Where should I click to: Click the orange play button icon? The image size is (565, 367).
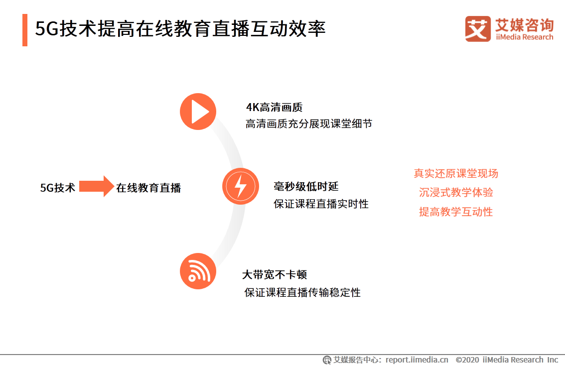[198, 112]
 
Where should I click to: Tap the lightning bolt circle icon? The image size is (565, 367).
[241, 186]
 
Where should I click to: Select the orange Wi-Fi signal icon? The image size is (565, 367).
[198, 271]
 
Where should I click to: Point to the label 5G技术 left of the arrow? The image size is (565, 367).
[58, 188]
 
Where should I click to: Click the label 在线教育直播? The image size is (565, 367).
[148, 188]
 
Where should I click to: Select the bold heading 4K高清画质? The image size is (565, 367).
[274, 107]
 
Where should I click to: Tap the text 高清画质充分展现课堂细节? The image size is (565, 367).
[308, 124]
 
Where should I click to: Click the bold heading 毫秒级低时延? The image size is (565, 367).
[306, 187]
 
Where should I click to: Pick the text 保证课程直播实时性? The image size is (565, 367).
[321, 204]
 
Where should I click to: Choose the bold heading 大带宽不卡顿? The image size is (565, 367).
[274, 275]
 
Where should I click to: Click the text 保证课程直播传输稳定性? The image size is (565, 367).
[302, 292]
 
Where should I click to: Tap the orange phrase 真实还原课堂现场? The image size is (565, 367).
[456, 173]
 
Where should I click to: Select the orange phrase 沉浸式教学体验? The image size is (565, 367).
[456, 193]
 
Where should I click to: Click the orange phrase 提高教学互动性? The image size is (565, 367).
[456, 212]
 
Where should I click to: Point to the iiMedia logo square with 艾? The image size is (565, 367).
[478, 29]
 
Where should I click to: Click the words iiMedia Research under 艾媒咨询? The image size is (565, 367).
[524, 37]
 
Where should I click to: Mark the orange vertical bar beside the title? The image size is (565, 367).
[25, 30]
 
